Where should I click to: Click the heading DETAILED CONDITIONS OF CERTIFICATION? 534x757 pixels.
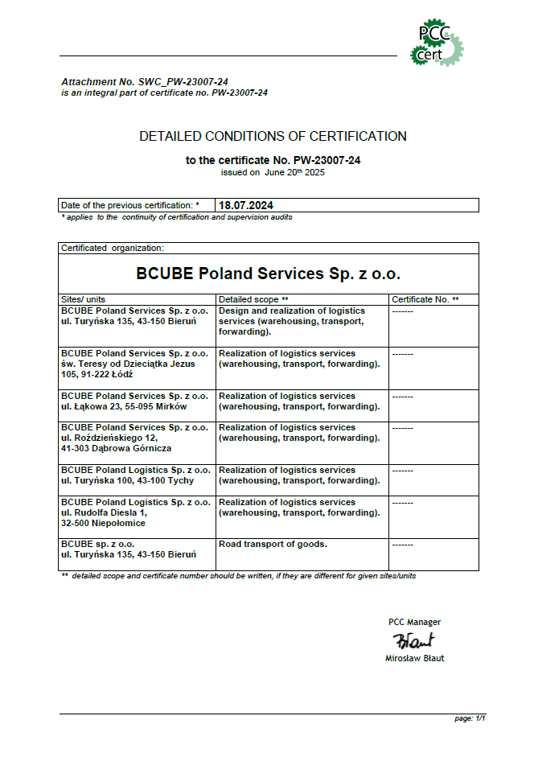[x=273, y=137]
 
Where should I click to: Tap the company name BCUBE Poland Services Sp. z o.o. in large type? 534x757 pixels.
[x=269, y=274]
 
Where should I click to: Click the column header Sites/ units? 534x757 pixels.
[x=84, y=299]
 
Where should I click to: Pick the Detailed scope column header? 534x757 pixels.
[x=253, y=299]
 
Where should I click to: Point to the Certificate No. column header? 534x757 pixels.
[x=425, y=299]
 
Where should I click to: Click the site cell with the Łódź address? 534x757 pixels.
[x=135, y=364]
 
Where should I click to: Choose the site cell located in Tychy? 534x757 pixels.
[x=135, y=475]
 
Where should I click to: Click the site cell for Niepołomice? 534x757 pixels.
[x=135, y=512]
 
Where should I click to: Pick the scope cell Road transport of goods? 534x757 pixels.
[x=273, y=545]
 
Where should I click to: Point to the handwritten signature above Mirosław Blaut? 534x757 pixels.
[x=413, y=640]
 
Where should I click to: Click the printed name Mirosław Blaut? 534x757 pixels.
[x=415, y=658]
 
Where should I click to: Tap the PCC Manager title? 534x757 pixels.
[x=414, y=622]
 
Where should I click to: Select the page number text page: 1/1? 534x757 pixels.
[x=470, y=718]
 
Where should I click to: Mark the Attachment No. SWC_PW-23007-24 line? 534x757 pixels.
[x=145, y=83]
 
